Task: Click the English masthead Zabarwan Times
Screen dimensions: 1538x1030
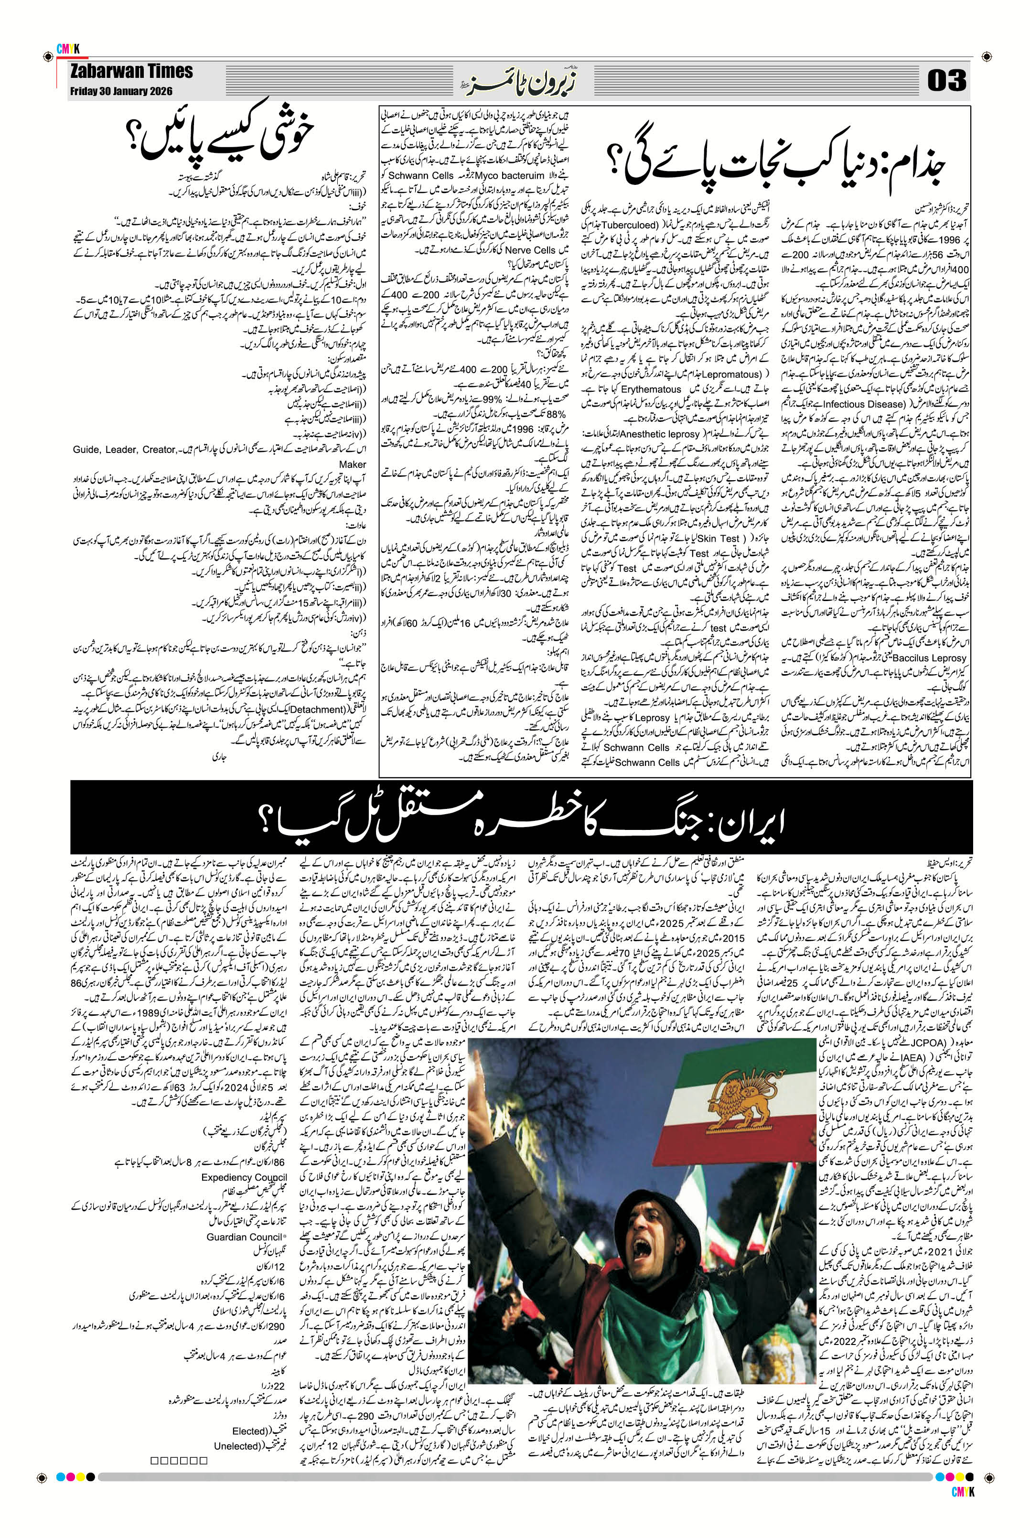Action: pyautogui.click(x=131, y=72)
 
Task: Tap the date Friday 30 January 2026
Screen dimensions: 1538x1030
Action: pyautogui.click(x=121, y=91)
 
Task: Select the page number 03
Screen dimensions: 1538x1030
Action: pyautogui.click(x=946, y=81)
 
